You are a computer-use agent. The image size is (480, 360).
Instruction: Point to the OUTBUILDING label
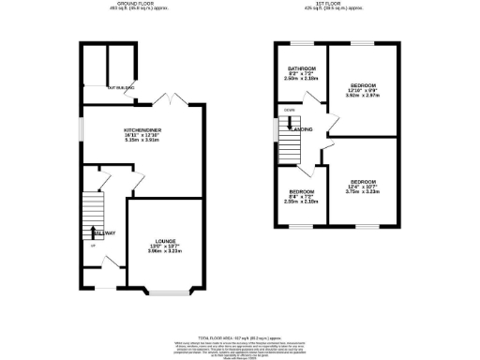(x=120, y=87)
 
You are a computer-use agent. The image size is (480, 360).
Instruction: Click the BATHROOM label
(x=302, y=69)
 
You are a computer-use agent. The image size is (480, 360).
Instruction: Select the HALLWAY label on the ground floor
(x=102, y=233)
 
